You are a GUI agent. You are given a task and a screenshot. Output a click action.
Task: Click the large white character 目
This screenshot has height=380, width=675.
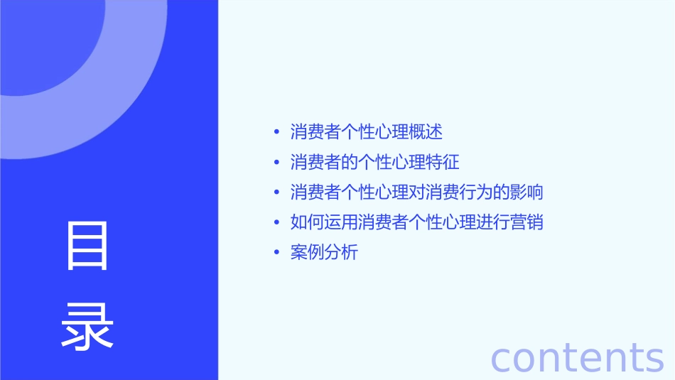pyautogui.click(x=87, y=246)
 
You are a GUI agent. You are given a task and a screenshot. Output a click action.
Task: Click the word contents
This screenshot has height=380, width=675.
pyautogui.click(x=577, y=357)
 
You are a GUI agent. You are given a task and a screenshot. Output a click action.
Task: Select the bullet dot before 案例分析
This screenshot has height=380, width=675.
pyautogui.click(x=276, y=252)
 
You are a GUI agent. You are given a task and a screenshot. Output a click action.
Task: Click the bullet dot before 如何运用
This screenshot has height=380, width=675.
pyautogui.click(x=276, y=222)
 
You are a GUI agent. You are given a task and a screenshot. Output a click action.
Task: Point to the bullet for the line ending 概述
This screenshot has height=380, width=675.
pyautogui.click(x=276, y=132)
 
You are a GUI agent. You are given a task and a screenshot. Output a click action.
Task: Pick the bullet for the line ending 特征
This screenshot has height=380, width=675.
pyautogui.click(x=276, y=162)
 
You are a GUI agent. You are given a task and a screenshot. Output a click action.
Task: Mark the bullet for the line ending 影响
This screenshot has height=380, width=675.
pyautogui.click(x=276, y=192)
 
